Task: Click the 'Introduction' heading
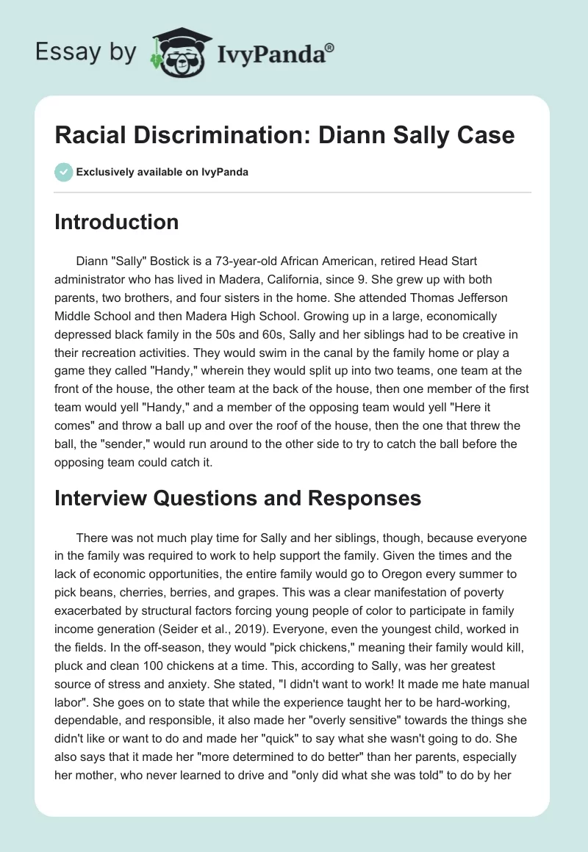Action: (116, 222)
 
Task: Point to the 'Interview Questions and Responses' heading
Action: (237, 498)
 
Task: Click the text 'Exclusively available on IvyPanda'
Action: (162, 172)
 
